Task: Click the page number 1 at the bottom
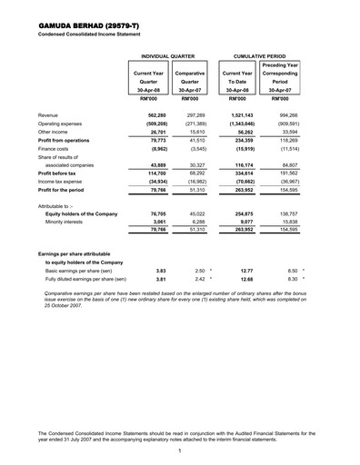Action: [180, 451]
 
